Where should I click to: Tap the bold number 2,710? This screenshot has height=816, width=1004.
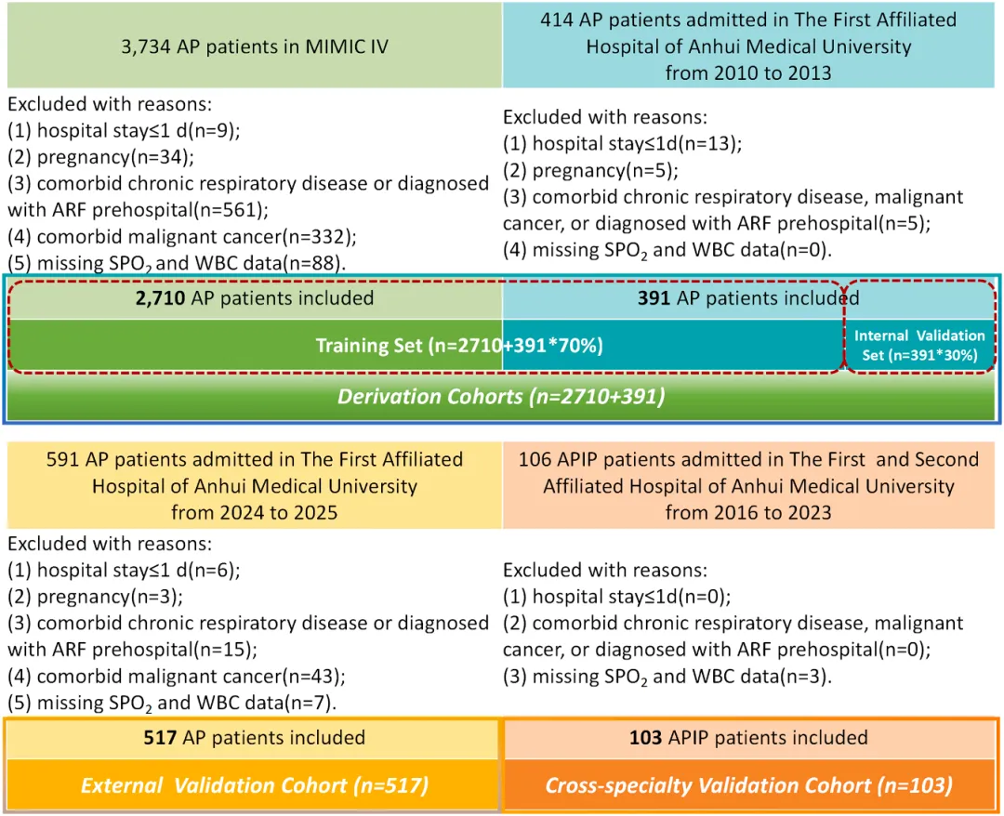160,298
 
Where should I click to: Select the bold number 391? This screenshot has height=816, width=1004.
654,298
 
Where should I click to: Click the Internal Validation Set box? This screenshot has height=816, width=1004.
919,345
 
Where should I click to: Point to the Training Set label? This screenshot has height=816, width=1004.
459,346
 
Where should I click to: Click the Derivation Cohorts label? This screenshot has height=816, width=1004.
501,397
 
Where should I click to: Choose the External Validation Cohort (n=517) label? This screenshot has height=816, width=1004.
254,785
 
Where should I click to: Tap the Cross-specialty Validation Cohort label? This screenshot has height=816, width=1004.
748,785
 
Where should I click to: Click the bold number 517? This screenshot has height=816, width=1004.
160,738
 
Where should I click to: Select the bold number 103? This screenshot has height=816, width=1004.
645,738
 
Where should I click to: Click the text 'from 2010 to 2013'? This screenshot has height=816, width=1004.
748,73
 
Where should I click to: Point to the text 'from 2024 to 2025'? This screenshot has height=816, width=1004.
254,513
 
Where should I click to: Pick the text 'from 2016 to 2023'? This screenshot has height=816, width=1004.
748,513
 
